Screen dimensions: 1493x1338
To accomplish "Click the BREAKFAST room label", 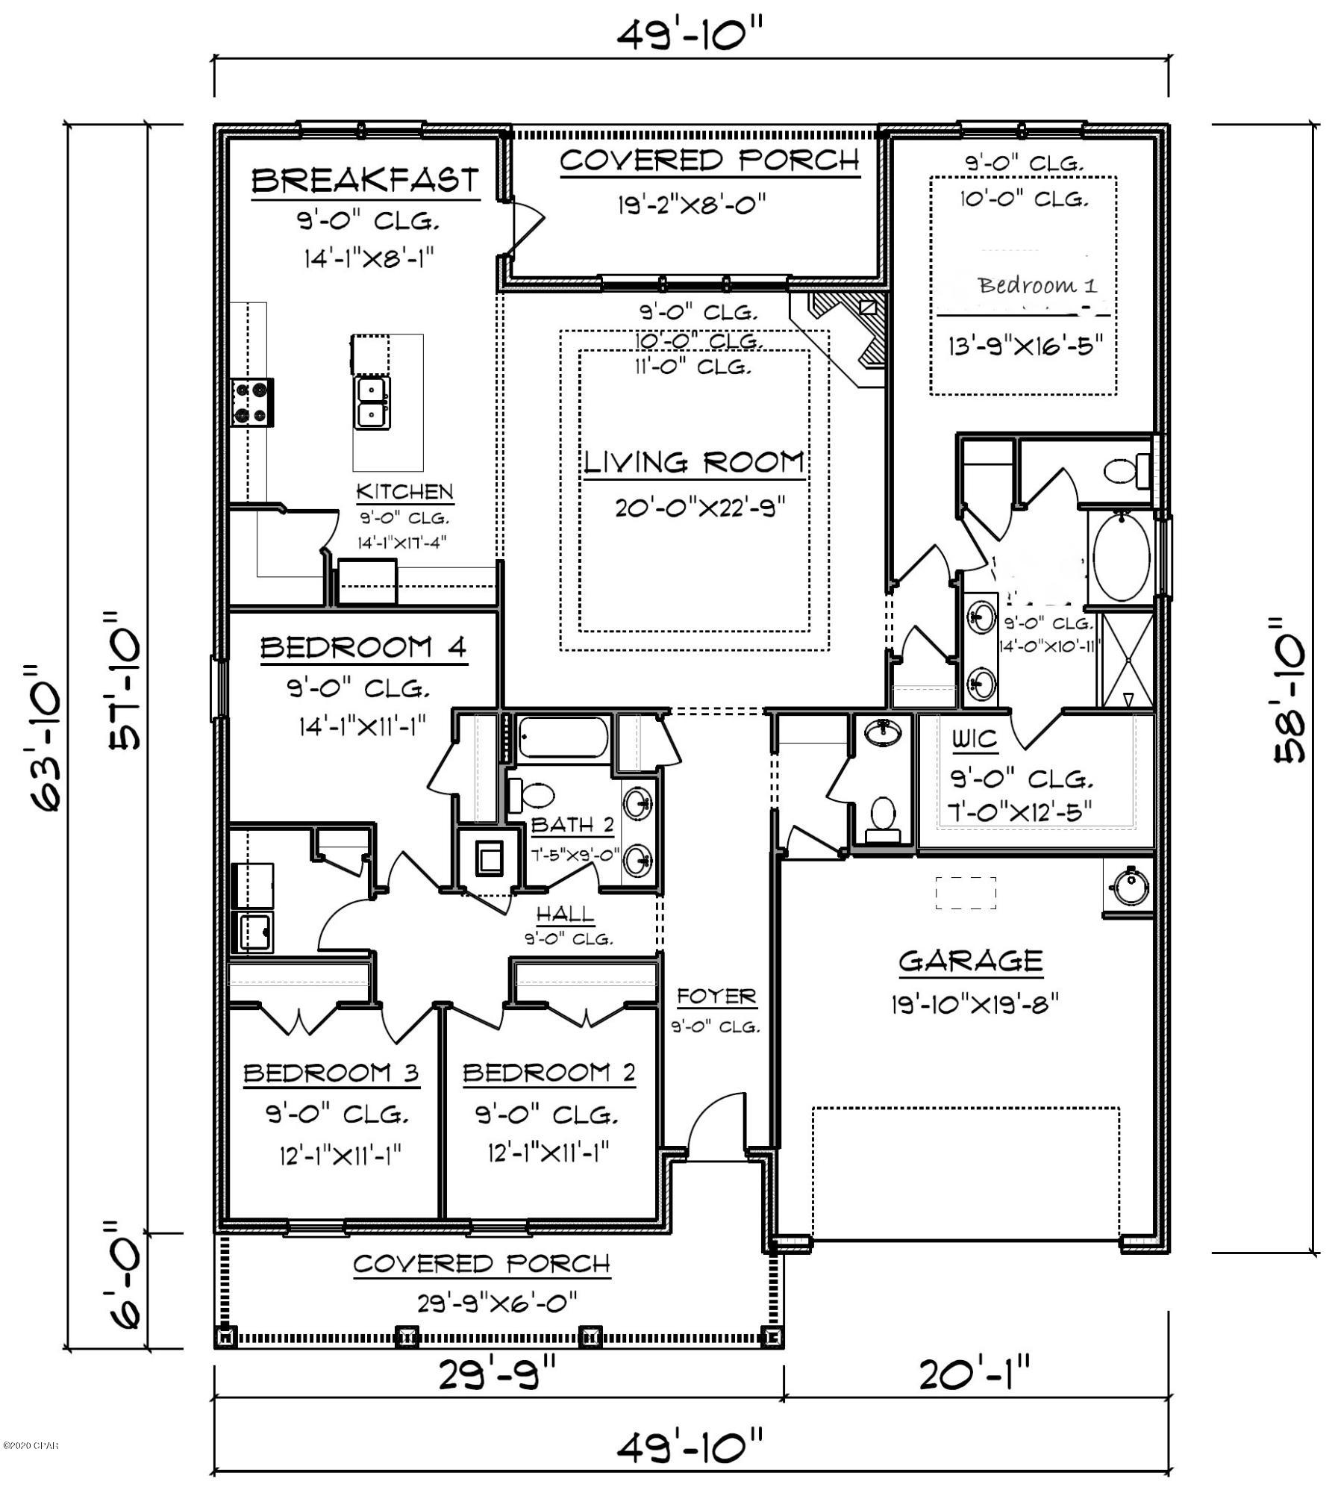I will (364, 181).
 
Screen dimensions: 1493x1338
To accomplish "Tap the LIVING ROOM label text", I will (694, 463).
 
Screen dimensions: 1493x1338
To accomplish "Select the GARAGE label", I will (970, 961).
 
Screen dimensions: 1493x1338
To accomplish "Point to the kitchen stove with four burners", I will (251, 402).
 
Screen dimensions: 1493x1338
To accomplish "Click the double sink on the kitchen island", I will (372, 402).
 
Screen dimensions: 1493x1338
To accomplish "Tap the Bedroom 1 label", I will (1037, 285).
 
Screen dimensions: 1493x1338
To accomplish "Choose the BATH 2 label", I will (572, 824).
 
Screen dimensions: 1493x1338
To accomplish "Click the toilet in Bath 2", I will (531, 796).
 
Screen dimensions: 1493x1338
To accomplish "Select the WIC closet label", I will (974, 739).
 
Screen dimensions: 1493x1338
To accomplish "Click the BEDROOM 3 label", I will (331, 1073).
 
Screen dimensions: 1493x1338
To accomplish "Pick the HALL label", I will (566, 914).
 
